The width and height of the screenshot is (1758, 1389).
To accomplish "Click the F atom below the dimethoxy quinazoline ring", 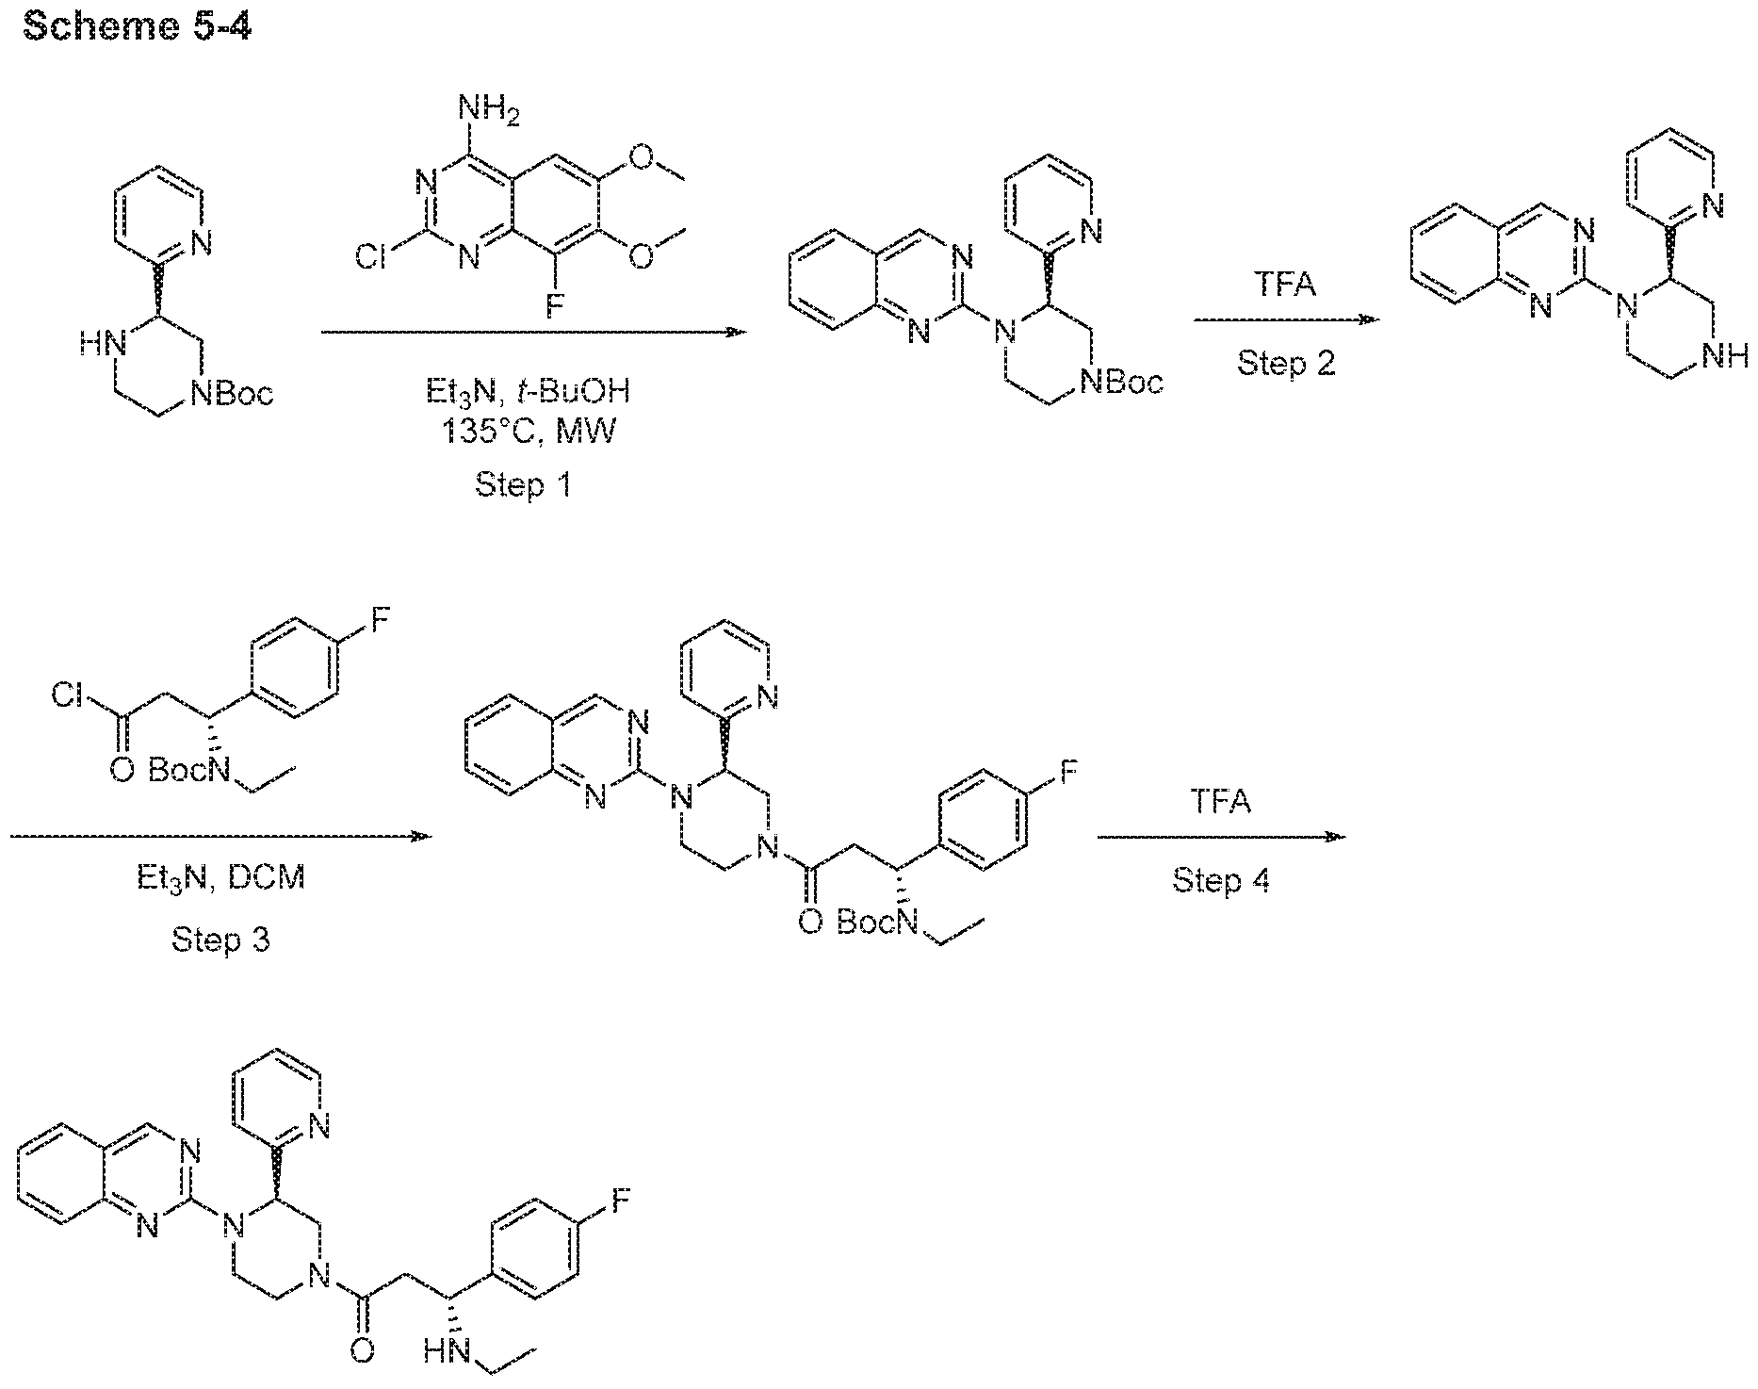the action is point(553,306).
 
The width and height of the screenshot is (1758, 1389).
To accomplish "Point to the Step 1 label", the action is point(523,485).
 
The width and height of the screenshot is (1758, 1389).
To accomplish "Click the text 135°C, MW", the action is point(529,433).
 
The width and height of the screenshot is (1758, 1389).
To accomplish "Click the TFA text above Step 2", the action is point(1286,285).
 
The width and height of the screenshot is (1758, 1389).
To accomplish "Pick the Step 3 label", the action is point(220,939).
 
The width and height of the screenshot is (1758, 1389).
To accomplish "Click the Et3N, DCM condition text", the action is point(220,878).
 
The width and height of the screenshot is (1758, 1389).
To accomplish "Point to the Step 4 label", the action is point(1220,880).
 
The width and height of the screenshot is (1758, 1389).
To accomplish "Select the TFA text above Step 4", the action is point(1220,802).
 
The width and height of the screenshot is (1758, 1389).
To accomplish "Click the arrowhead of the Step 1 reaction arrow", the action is point(736,332).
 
